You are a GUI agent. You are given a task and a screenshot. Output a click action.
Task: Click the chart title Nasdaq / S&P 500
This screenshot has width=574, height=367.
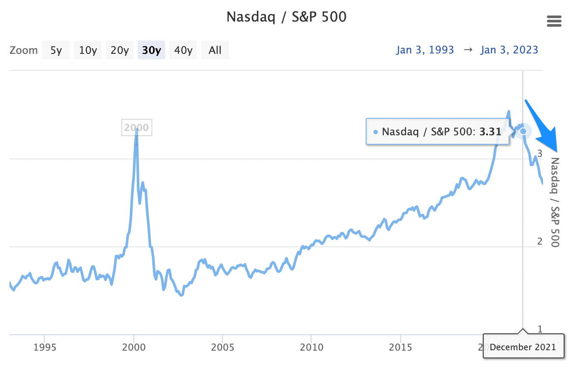point(287,17)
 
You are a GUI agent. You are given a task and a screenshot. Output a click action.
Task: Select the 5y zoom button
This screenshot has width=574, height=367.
point(56,50)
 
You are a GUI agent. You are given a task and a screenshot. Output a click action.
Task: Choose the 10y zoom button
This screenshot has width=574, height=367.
point(88,50)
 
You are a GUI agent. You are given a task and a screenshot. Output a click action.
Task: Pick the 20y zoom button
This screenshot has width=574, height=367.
point(120,50)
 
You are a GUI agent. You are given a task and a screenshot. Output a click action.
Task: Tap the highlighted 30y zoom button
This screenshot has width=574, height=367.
point(151,50)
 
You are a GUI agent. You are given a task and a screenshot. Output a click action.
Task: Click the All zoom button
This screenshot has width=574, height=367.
point(215,50)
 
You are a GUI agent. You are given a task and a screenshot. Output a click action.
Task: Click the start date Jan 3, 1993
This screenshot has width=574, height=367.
point(425,50)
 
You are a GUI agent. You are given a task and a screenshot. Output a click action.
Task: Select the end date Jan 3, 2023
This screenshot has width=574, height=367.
point(509,50)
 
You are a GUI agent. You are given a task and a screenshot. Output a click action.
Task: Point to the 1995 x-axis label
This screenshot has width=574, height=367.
point(45,347)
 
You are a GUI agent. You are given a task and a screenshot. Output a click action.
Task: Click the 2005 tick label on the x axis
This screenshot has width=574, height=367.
point(222,347)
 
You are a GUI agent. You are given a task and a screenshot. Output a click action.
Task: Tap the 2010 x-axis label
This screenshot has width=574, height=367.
point(311,347)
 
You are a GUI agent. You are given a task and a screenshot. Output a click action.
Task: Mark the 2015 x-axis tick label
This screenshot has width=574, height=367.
point(400,347)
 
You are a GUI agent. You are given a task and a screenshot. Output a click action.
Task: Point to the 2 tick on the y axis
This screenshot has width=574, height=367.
point(540,241)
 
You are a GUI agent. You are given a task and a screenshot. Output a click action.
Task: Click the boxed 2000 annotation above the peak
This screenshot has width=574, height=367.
point(136,128)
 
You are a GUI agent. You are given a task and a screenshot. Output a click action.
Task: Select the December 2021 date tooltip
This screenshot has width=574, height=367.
point(523,347)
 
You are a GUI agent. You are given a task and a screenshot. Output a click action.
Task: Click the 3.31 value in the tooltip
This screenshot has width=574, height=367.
point(491,131)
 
